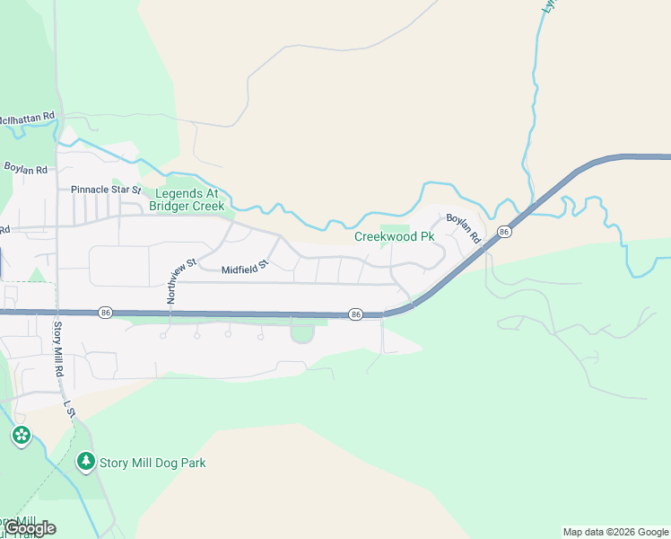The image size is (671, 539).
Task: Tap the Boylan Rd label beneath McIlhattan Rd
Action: (25, 169)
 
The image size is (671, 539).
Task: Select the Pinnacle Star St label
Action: (106, 190)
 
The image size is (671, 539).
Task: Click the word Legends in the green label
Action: (179, 193)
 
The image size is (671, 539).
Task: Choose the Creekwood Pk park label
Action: (394, 237)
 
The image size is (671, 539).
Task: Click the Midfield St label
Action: (245, 268)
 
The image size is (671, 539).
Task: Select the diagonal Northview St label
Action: (180, 279)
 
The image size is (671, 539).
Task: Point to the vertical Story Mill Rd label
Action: (58, 349)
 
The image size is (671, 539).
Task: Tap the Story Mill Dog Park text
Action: (152, 464)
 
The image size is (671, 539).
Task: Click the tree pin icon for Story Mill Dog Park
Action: (85, 462)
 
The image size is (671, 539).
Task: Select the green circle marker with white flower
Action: (21, 437)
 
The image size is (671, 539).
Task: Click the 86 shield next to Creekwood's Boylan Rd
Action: (504, 232)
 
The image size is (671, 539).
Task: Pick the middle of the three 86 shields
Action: (355, 314)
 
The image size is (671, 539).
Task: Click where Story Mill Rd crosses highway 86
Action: (57, 312)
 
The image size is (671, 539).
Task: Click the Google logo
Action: (30, 528)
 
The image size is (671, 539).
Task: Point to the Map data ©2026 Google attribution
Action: (616, 532)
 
